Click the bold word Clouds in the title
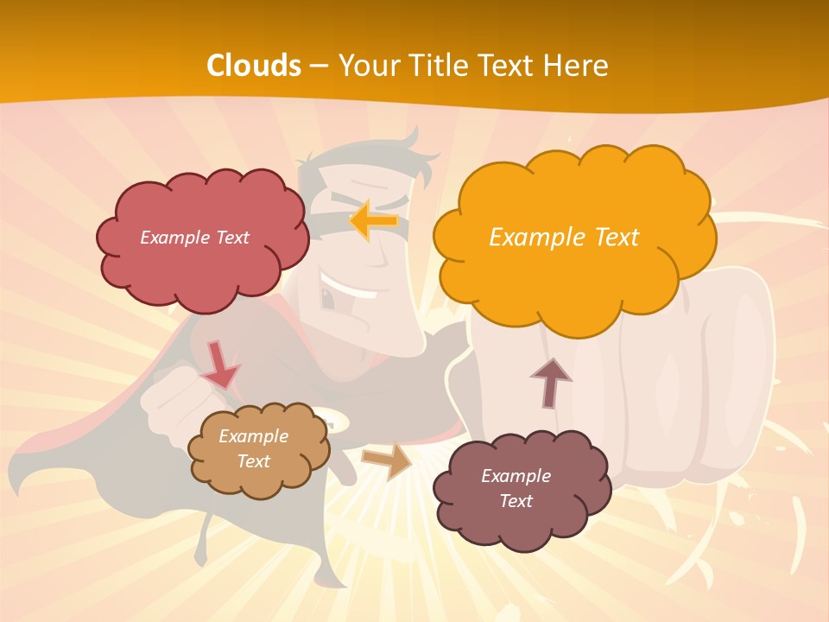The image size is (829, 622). (254, 65)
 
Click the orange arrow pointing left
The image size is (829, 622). (373, 221)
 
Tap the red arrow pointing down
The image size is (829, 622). (219, 365)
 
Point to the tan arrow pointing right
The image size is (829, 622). (387, 461)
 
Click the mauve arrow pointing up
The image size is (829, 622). (550, 383)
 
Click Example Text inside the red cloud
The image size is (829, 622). (194, 238)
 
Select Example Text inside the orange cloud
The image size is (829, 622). (564, 238)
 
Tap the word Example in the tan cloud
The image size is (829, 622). (253, 436)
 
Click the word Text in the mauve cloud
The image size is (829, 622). (516, 501)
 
